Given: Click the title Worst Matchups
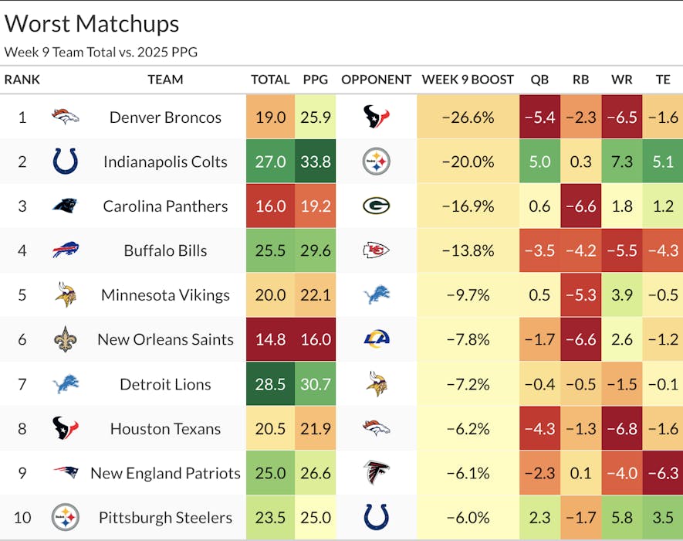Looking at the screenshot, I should pos(92,24).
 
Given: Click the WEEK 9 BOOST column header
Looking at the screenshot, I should pos(468,80).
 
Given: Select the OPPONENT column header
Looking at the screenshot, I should pos(377,80).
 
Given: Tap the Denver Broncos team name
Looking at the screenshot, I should pos(165,117).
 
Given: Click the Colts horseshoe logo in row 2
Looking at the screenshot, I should pos(65,162).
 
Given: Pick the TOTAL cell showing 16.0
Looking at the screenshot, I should pos(270,206).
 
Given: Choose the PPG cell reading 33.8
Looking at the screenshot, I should pos(315,162).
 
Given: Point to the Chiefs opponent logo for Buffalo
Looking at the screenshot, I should pos(377,250).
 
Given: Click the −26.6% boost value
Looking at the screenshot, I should pos(468,117).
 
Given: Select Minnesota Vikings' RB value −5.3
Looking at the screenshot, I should pos(580,295).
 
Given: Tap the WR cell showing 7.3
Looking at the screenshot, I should pos(621,162).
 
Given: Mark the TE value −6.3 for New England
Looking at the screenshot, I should pos(662,473).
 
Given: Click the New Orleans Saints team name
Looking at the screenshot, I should pos(165,339).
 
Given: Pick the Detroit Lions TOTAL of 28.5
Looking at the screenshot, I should pos(270,384).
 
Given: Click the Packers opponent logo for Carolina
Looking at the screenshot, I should pos(377,206).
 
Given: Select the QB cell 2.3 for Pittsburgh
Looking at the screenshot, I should pos(539,518).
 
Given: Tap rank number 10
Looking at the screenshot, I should pos(22,518).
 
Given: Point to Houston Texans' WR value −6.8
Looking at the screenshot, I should pos(621,429).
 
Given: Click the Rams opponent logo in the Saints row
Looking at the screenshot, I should pos(377,339).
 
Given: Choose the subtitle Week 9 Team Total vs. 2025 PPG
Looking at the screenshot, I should pos(101,53).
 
